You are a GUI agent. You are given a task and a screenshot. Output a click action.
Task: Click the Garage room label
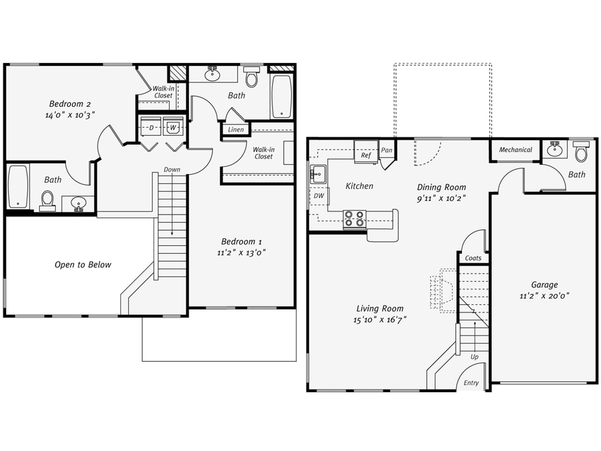544,285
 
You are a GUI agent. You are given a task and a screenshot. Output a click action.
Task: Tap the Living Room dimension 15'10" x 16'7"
380,320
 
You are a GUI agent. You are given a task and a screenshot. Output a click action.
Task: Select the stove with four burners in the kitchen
354,219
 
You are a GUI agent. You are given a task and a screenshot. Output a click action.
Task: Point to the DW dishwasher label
318,196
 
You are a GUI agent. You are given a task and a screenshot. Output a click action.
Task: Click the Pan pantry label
386,151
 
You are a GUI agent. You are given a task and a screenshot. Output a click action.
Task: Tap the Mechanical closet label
515,150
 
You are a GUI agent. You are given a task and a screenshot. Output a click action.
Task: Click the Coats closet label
473,258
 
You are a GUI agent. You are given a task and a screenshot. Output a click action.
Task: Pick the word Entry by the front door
471,383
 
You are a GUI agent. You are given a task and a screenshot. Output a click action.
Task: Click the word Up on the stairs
474,356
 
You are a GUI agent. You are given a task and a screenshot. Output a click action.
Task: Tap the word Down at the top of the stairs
172,169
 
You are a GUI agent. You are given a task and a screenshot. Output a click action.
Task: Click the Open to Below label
83,265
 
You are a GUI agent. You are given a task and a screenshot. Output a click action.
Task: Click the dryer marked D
151,128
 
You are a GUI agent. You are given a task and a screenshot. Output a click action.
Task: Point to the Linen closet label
236,130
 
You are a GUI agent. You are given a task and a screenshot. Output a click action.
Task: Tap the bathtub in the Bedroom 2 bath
18,186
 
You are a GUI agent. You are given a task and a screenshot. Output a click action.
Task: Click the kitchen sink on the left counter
317,173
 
